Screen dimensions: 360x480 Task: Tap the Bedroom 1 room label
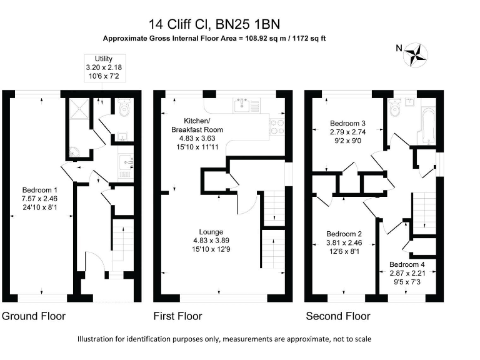40,199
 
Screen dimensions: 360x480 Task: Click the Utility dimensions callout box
104,67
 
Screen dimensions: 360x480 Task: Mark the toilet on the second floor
395,110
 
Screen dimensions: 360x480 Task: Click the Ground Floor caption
34,316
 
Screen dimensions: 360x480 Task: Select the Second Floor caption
337,316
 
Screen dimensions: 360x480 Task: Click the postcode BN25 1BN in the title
248,24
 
